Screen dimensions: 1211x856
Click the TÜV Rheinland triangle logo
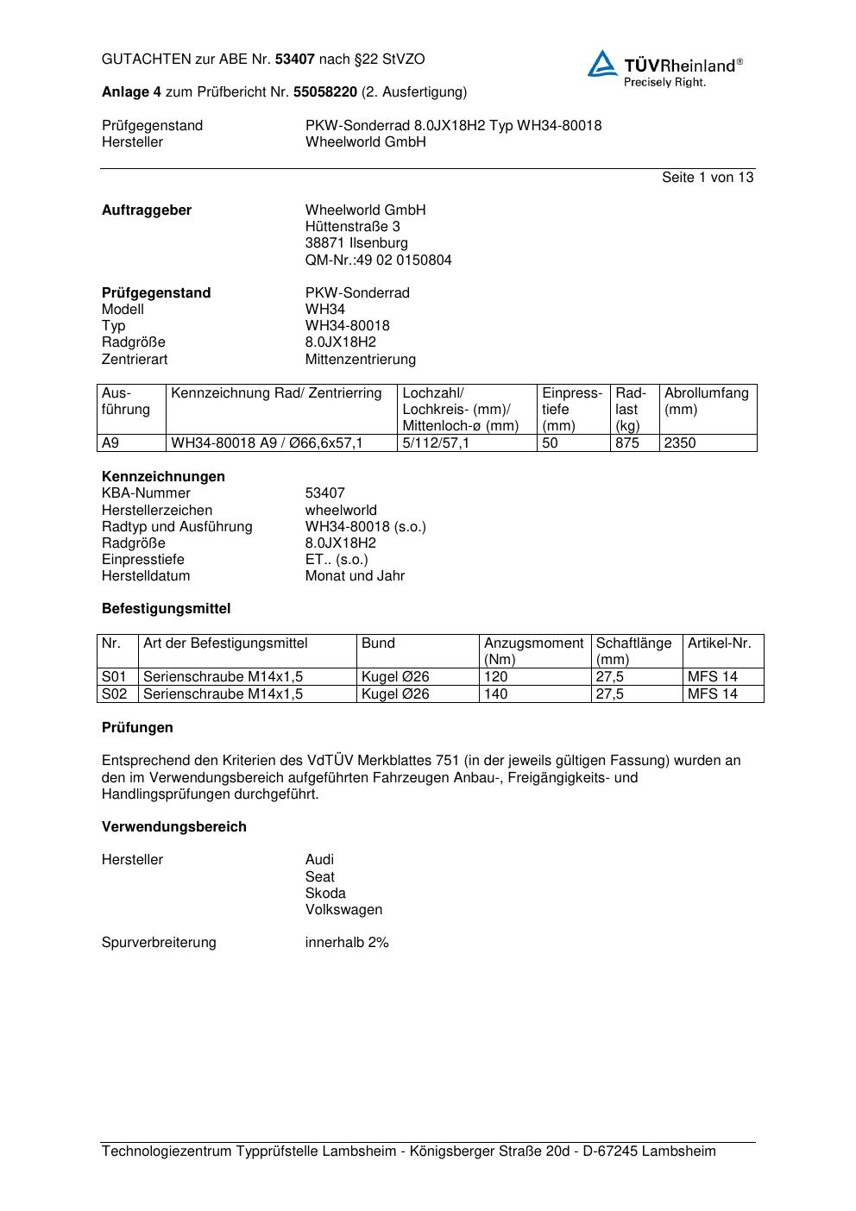(x=602, y=64)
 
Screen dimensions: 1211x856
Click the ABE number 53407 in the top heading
(x=295, y=60)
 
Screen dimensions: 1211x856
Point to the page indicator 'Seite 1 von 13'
(x=707, y=178)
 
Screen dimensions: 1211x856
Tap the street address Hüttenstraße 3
(x=352, y=227)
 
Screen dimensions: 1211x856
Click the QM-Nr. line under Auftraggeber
(x=378, y=260)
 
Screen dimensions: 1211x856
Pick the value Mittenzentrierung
(x=360, y=360)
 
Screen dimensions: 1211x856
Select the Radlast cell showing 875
(x=627, y=443)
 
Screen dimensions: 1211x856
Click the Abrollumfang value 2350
(x=679, y=443)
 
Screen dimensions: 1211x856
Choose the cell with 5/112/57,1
(x=436, y=443)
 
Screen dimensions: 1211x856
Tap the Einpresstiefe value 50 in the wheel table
(x=550, y=443)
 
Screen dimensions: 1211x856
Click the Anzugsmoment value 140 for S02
(x=495, y=694)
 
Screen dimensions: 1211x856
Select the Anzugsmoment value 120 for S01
(x=495, y=677)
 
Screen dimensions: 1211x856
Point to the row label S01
(x=114, y=677)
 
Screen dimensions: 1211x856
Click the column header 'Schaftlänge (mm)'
(x=633, y=651)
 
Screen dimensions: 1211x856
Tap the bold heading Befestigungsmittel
(x=166, y=609)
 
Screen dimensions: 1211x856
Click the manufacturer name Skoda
(x=325, y=894)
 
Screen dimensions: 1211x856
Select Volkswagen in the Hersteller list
(x=343, y=910)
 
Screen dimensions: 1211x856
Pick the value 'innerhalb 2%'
(x=347, y=943)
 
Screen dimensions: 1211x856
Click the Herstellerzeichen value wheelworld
(x=341, y=511)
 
